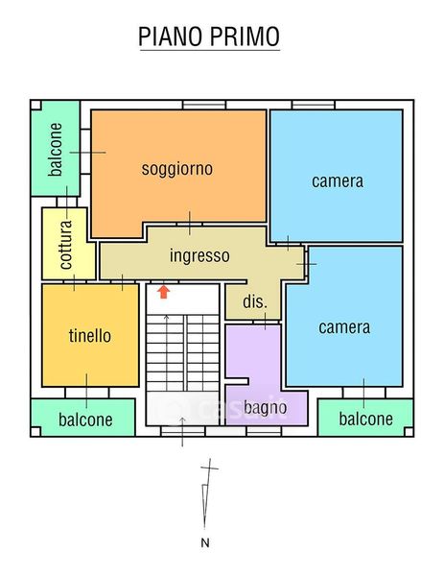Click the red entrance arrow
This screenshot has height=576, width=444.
pos(164,292)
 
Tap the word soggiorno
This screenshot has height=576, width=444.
pos(177,169)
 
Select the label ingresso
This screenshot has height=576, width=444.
pos(199,255)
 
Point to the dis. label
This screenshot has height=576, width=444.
pos(255,301)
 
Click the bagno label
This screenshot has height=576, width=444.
pos(265,408)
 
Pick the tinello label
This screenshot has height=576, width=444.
pos(90,335)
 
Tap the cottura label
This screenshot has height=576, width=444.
pos(65,245)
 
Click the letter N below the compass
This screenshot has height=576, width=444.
pos(205,542)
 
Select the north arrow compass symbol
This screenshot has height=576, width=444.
pos(208,493)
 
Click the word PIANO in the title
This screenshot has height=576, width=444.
pos(171,36)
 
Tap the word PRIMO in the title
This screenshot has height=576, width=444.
pos(245,36)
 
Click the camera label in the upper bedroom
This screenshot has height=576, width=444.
pos(338,181)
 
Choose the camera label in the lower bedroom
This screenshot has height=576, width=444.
pos(344,327)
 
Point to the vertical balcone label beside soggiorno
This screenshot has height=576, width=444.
pos(56,150)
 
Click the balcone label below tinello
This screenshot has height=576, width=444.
pos(85,420)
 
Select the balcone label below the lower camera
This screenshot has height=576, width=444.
pos(365,419)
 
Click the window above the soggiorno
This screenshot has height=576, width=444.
pos(204,105)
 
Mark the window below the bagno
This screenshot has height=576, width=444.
pos(264,431)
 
